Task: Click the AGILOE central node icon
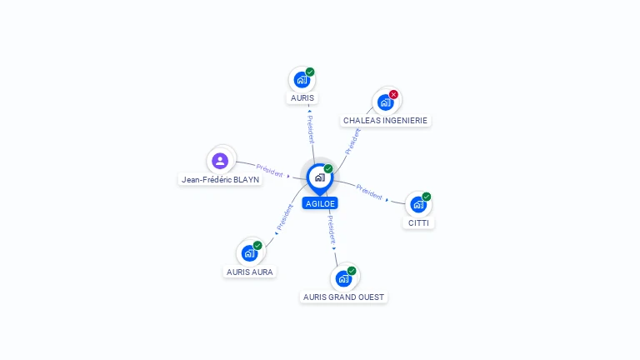tap(319, 177)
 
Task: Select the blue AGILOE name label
tap(320, 203)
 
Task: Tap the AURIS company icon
tap(302, 80)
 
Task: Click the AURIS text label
tap(302, 97)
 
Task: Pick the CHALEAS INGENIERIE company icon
tap(385, 102)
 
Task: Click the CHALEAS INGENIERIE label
tap(385, 120)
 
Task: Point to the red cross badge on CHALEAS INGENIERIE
tap(393, 94)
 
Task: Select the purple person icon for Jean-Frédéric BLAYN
tap(220, 160)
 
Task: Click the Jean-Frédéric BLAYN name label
tap(221, 179)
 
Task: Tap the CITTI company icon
tap(418, 204)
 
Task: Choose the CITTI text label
tap(419, 222)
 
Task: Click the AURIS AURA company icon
tap(249, 252)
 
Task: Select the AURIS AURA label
tap(250, 272)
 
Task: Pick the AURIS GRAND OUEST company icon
tap(343, 278)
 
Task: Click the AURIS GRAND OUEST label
tap(344, 297)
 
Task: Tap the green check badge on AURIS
tap(310, 72)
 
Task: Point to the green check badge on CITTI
tap(427, 197)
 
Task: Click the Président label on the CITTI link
tap(369, 192)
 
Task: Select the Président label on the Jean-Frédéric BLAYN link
tap(270, 170)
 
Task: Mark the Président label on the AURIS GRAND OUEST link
tap(331, 229)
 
